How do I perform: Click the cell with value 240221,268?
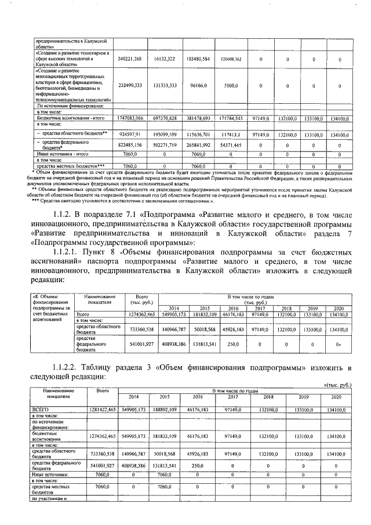click(x=129, y=59)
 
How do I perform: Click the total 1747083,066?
click(x=129, y=118)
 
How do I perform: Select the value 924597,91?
click(x=129, y=134)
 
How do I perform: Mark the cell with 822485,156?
click(x=129, y=146)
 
